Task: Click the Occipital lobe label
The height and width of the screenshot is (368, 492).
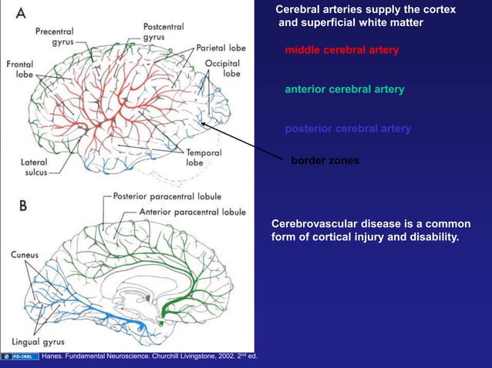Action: [224, 68]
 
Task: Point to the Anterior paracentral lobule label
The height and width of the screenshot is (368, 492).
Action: [193, 211]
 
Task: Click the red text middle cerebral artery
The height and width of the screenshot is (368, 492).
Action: [342, 51]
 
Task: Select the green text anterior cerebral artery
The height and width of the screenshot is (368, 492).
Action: [344, 90]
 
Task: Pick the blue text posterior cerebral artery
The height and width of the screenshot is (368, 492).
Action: [348, 129]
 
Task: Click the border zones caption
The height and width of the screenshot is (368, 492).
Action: [325, 162]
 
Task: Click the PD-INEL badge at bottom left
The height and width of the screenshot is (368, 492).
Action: [20, 356]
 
